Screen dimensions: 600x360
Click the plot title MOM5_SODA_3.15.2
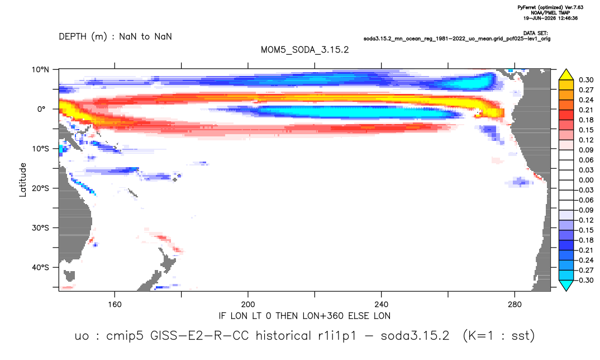[304, 50]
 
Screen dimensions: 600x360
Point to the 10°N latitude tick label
[40, 70]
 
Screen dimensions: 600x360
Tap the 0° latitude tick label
[41, 109]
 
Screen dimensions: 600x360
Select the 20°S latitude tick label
[40, 188]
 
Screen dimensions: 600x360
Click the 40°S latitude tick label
[40, 267]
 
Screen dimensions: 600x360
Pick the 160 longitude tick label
[115, 305]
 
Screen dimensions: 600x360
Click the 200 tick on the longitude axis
[248, 305]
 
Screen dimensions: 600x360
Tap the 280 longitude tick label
[515, 305]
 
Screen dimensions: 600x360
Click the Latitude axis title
[23, 180]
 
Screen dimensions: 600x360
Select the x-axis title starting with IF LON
[304, 316]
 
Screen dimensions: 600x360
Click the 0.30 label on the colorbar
[586, 80]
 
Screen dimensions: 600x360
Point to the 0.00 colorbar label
[586, 180]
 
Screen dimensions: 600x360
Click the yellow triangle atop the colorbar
[566, 75]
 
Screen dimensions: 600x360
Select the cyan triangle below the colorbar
[566, 285]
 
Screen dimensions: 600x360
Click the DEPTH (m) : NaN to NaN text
[115, 37]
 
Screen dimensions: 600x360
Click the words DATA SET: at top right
[535, 34]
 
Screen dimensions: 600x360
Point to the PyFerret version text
[550, 7]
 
